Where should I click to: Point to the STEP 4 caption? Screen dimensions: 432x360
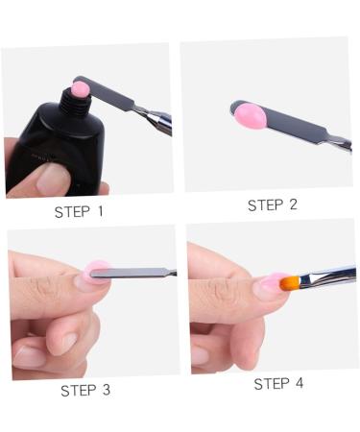277,384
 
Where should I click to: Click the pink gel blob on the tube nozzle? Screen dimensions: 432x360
79,89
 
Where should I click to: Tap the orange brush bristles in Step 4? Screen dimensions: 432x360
287,283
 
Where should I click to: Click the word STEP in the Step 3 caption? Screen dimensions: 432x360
80,390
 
